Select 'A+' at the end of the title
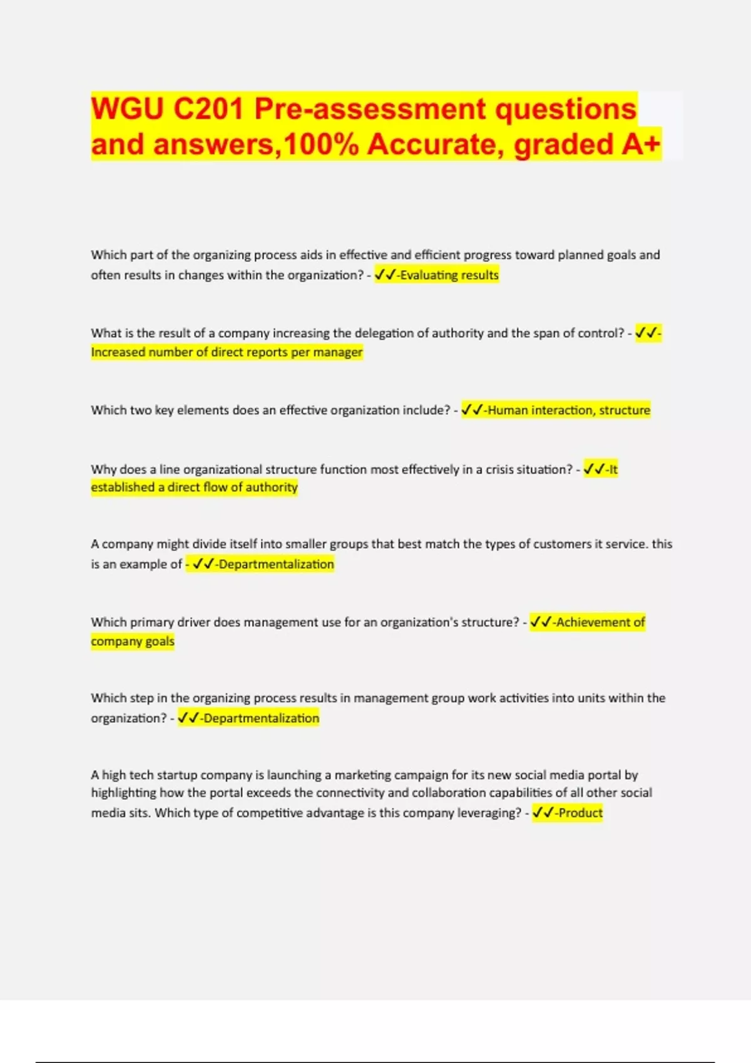641,144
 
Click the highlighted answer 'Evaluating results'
449,275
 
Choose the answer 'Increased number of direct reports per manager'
227,352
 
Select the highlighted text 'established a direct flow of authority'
194,487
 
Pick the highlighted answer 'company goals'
133,642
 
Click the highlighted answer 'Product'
580,813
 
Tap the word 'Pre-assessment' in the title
370,109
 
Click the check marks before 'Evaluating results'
385,275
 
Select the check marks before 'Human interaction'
472,410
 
